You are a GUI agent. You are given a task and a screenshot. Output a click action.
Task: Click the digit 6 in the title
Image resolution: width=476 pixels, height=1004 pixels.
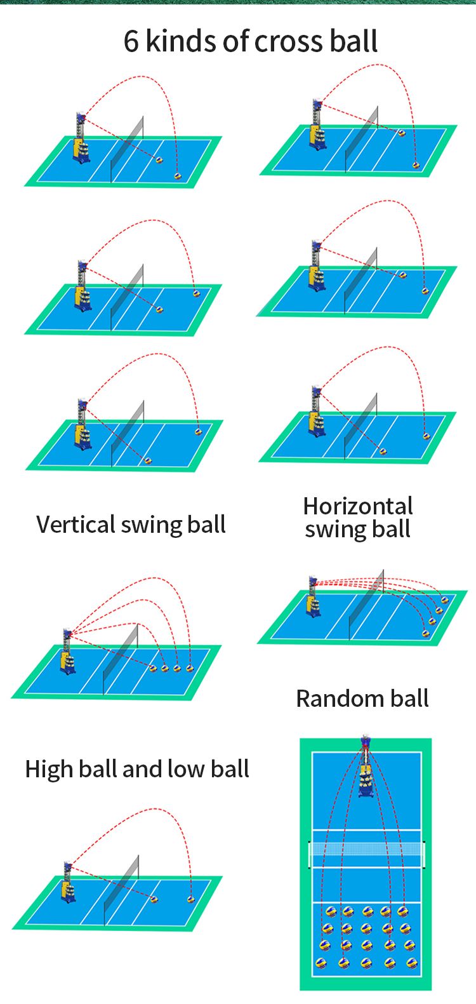click(131, 41)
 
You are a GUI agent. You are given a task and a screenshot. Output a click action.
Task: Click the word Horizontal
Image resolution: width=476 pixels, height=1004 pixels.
click(358, 506)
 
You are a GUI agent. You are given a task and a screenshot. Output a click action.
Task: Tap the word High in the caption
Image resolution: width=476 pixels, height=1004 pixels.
click(48, 769)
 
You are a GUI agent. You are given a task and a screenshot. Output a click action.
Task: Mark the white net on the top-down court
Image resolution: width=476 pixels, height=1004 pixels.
click(366, 849)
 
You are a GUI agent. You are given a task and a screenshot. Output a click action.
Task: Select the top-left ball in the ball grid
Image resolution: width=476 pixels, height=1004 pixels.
click(330, 912)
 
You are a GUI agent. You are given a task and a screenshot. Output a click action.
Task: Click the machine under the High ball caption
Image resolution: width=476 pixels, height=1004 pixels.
click(68, 883)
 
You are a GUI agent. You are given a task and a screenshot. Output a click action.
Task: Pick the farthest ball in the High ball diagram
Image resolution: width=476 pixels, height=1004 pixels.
click(190, 899)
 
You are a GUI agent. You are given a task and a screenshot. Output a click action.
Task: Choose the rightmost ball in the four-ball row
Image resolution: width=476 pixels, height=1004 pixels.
click(190, 668)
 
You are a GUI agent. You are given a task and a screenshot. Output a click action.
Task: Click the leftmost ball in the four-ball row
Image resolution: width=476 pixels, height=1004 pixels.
click(152, 668)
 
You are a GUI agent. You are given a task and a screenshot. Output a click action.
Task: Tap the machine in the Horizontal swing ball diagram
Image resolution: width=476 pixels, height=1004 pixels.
click(313, 597)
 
